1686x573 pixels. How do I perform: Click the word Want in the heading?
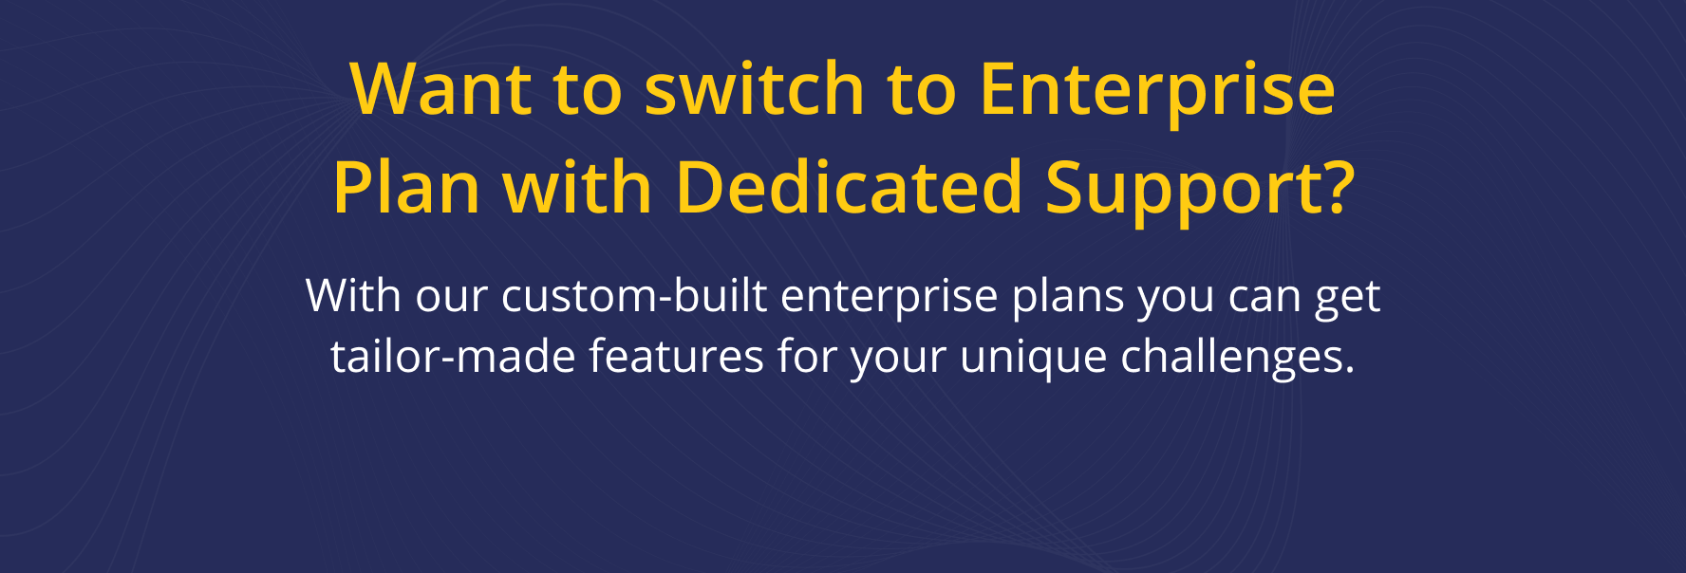click(x=440, y=89)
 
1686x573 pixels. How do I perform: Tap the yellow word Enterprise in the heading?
click(x=1157, y=93)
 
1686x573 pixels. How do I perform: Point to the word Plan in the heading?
click(x=406, y=187)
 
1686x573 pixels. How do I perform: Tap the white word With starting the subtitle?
click(x=353, y=295)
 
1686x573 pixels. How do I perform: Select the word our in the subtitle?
click(x=451, y=300)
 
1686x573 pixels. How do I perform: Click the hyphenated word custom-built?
click(x=634, y=295)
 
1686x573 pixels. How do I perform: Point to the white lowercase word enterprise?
click(x=890, y=299)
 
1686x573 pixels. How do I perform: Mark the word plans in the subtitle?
click(x=1068, y=299)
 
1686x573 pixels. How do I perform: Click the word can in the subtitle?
click(x=1264, y=300)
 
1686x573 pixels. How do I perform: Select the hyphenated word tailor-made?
click(x=453, y=356)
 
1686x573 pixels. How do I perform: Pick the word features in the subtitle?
click(x=676, y=356)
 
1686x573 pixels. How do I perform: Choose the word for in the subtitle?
click(x=807, y=356)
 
